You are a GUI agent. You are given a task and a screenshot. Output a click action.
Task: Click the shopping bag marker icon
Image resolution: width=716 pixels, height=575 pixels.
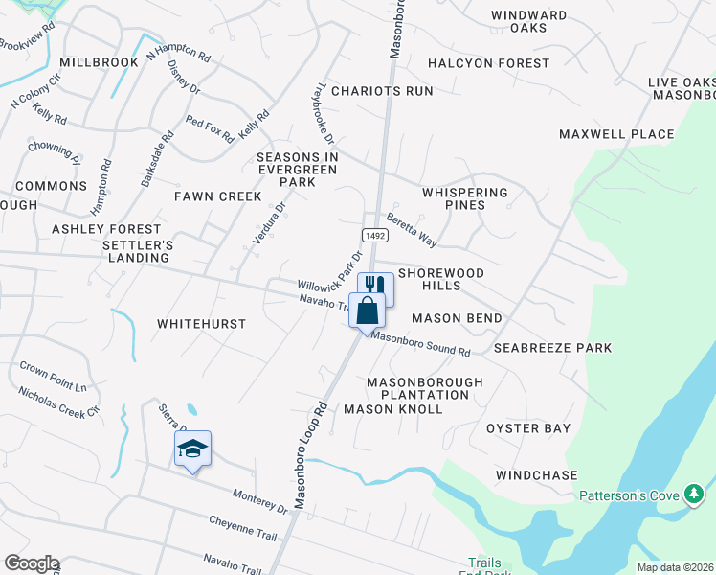[x=368, y=310]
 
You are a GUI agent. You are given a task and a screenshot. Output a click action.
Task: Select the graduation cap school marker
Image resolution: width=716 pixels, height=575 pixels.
[x=192, y=448]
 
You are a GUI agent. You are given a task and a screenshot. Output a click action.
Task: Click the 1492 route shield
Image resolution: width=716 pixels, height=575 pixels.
[x=373, y=235]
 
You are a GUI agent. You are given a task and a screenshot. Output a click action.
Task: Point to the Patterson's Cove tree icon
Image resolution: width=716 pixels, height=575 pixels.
[x=694, y=494]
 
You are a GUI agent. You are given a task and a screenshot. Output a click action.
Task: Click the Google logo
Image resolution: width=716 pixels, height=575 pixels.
[x=31, y=563]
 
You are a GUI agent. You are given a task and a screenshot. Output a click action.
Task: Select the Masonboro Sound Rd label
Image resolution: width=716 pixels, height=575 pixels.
[x=420, y=345]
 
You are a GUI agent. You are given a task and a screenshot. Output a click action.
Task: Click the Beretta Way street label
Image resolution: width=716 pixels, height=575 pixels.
[x=412, y=231]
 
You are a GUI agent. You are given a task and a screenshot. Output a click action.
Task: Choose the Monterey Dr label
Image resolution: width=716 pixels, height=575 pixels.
[x=260, y=500]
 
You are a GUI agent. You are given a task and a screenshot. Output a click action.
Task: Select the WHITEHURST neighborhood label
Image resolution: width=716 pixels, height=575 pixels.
[x=201, y=324]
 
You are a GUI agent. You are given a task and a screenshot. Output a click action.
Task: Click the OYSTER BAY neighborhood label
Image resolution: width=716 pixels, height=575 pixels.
[x=528, y=428]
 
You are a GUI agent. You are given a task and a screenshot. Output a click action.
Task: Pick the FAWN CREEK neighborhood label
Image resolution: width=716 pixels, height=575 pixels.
[x=217, y=196]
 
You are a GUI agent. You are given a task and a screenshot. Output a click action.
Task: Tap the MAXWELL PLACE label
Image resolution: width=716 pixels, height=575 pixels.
[x=616, y=134]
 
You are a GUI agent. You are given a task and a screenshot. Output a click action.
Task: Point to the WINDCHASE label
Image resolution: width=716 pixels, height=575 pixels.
[x=536, y=475]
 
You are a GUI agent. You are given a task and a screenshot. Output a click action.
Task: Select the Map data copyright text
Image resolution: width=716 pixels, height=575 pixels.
[x=676, y=567]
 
